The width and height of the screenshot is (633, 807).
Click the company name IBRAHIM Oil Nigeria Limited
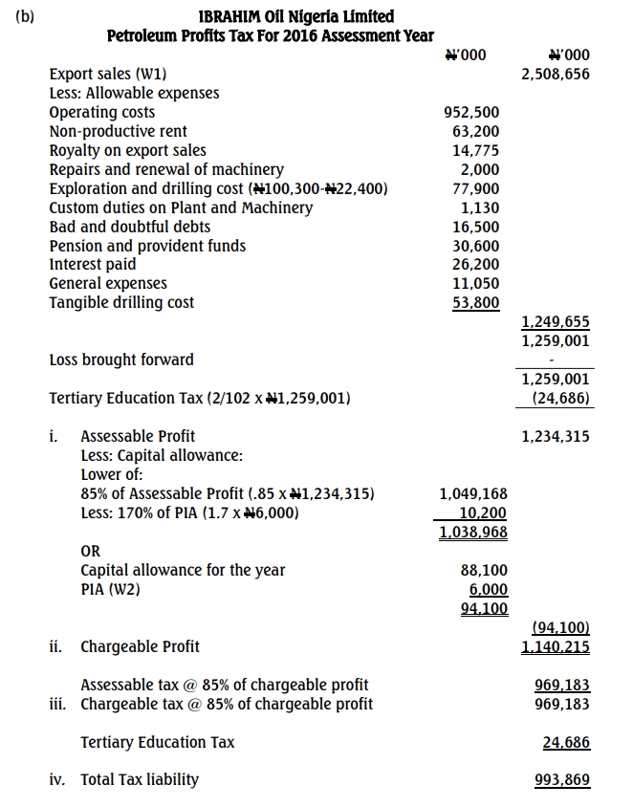[x=295, y=16]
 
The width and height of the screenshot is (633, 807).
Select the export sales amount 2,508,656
[x=556, y=74]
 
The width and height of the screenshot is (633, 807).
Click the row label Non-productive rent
[x=118, y=131]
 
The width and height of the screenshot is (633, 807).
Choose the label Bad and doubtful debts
[x=129, y=227]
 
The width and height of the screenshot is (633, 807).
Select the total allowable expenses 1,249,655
[x=556, y=322]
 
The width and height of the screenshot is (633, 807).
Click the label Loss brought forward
[x=120, y=360]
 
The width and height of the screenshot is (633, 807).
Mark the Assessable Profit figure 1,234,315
[x=556, y=436]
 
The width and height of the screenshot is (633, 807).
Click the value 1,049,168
[x=473, y=493]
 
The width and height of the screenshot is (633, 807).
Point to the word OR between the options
[x=90, y=551]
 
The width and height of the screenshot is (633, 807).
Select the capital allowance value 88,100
[x=484, y=570]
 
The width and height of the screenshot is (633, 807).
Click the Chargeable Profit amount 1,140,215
[x=556, y=646]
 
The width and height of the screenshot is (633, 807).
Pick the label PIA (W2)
[x=110, y=589]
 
